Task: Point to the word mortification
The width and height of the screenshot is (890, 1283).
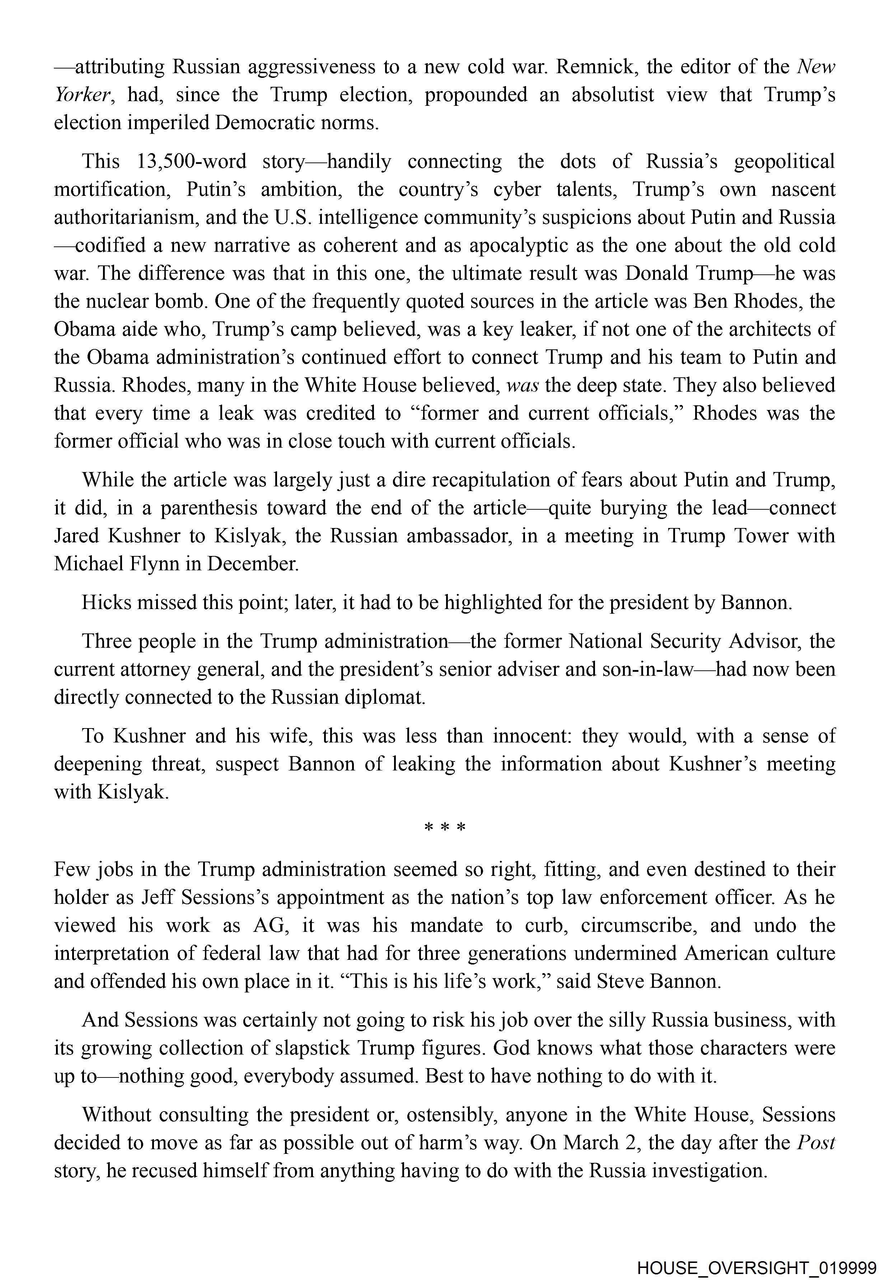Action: (112, 189)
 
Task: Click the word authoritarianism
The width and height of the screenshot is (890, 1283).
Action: (126, 217)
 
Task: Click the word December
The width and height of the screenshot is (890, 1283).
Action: (253, 564)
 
